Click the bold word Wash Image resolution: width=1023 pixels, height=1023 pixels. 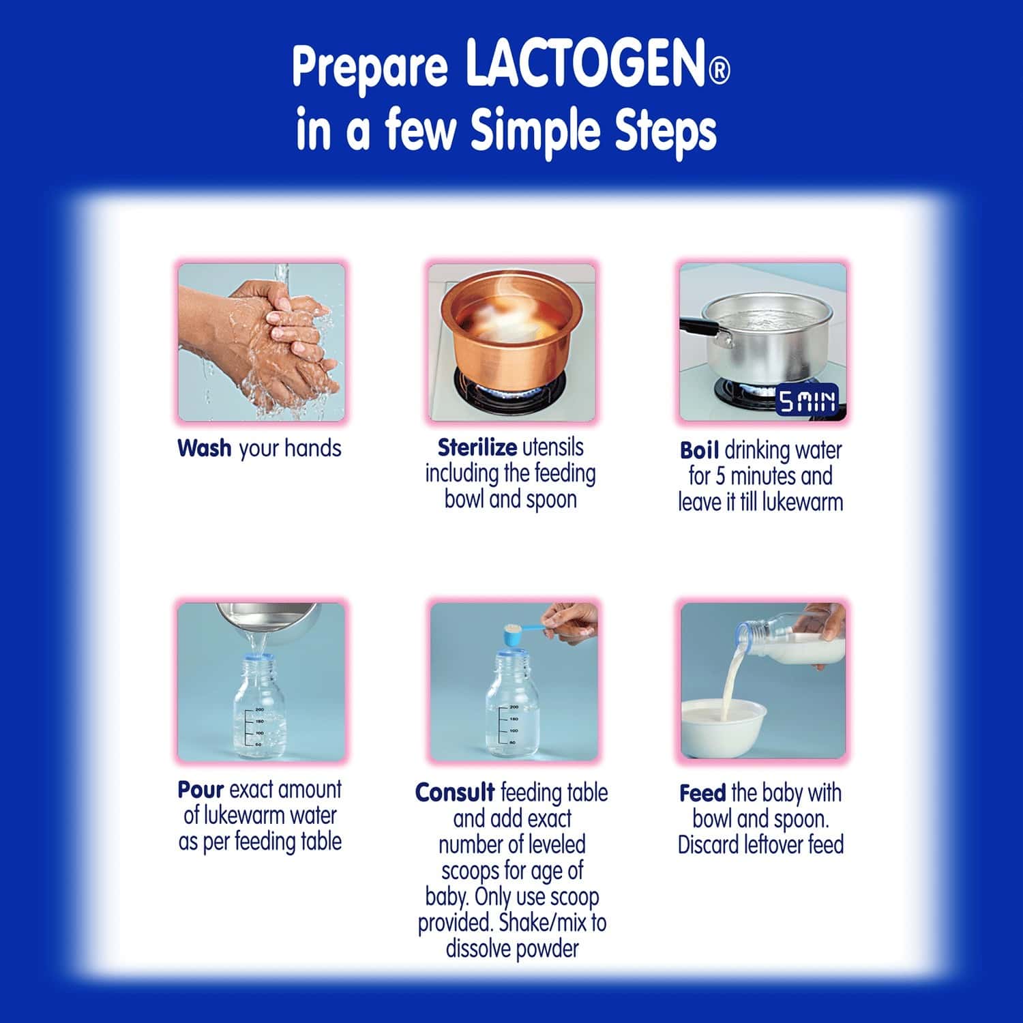tap(204, 449)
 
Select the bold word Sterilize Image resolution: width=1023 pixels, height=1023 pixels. tap(477, 447)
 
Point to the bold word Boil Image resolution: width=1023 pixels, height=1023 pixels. tap(699, 451)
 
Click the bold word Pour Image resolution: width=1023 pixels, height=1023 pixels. tap(201, 790)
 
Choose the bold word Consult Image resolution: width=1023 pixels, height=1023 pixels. tap(455, 792)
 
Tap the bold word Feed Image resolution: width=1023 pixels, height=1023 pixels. tap(702, 793)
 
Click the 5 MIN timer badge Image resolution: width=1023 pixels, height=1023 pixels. tap(807, 402)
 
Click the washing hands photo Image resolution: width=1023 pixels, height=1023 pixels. tap(261, 342)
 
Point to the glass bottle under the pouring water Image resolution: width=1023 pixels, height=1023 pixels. tap(260, 709)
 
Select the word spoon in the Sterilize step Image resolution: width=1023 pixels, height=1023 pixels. tap(551, 500)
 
